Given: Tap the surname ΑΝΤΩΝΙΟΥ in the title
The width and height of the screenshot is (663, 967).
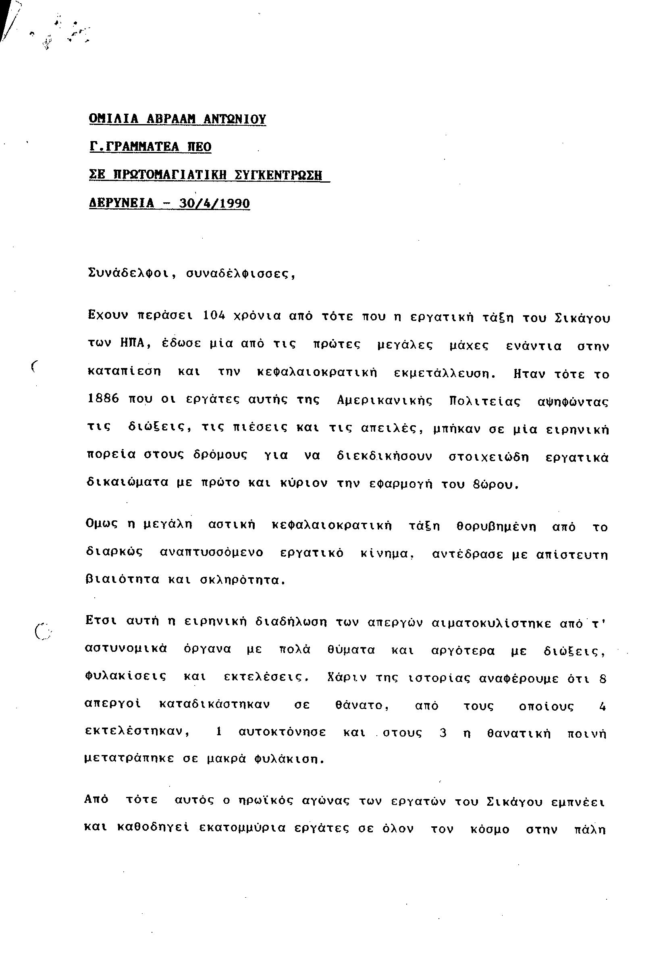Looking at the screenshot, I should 234,119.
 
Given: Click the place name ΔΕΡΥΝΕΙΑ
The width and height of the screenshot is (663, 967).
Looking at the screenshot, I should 121,203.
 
